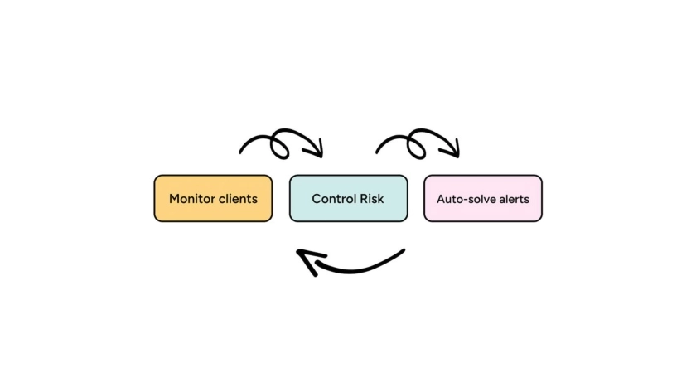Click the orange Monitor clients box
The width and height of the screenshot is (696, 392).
click(213, 198)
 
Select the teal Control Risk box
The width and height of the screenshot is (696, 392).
click(348, 198)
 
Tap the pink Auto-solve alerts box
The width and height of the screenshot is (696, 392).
click(483, 198)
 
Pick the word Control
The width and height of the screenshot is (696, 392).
click(334, 199)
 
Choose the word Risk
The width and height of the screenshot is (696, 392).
click(372, 199)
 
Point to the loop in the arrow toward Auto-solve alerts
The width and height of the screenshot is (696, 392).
click(416, 143)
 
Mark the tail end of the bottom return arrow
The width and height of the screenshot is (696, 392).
click(403, 250)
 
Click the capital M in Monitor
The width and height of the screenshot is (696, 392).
click(174, 199)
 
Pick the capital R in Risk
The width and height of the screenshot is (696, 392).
click(363, 199)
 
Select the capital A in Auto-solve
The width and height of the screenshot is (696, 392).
click(441, 199)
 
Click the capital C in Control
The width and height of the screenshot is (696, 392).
click(317, 199)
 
